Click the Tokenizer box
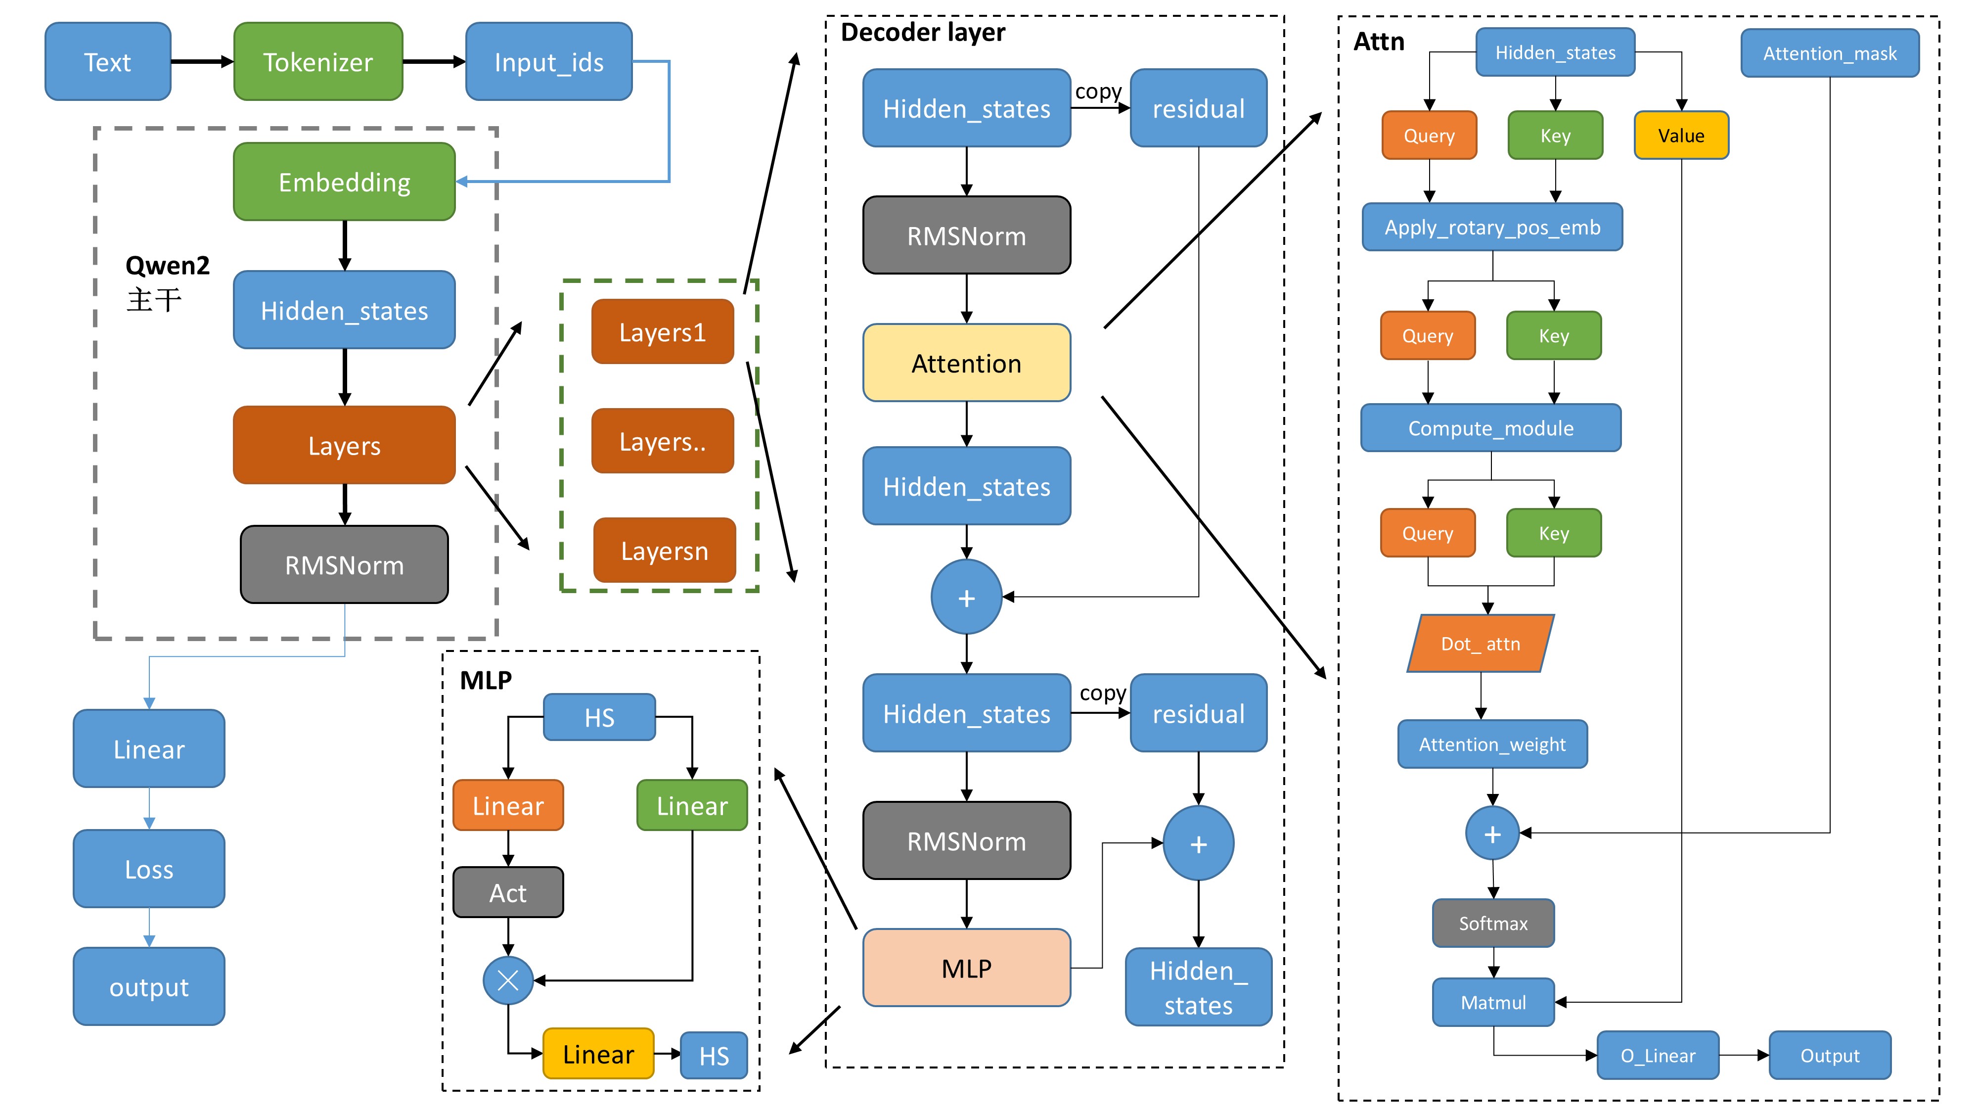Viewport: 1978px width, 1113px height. [318, 61]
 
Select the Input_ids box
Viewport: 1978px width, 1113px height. [548, 61]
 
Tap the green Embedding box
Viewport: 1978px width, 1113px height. [344, 182]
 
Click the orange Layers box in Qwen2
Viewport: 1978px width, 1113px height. [344, 446]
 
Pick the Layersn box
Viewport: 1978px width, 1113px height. [664, 551]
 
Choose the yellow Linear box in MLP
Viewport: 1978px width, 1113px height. [598, 1054]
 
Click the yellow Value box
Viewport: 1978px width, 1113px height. [1681, 135]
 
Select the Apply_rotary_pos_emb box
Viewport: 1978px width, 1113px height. [1492, 228]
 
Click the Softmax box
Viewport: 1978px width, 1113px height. [1493, 923]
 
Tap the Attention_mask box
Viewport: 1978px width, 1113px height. [1829, 53]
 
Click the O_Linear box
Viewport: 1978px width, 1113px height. [1658, 1056]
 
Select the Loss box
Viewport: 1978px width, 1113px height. [149, 869]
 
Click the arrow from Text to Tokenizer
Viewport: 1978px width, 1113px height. [201, 61]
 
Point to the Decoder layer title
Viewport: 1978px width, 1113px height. [922, 32]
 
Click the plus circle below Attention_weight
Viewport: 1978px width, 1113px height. [1492, 834]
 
